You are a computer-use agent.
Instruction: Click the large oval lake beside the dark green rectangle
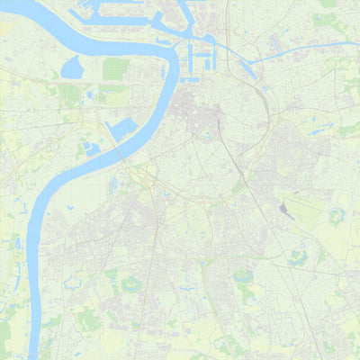click(x=71, y=67)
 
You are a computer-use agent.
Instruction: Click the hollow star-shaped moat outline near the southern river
click(x=72, y=283)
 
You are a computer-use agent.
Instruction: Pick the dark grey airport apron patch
click(x=285, y=211)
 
